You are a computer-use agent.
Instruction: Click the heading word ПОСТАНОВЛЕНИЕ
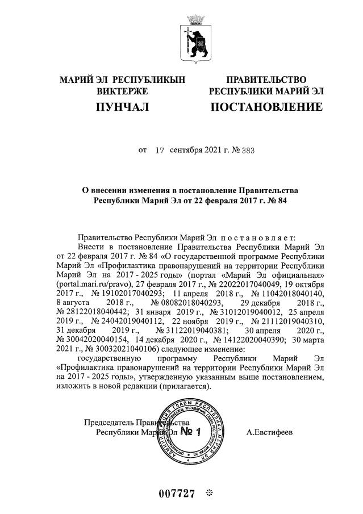point(266,107)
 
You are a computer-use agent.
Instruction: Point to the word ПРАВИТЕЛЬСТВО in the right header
point(266,80)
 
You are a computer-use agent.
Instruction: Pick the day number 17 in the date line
point(160,151)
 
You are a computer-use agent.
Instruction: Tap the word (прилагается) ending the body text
point(185,386)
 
